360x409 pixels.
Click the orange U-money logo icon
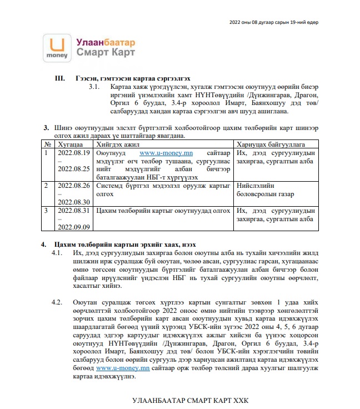click(56, 47)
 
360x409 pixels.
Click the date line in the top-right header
click(274, 22)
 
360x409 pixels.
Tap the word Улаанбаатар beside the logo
click(106, 42)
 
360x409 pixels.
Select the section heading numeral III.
click(59, 79)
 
